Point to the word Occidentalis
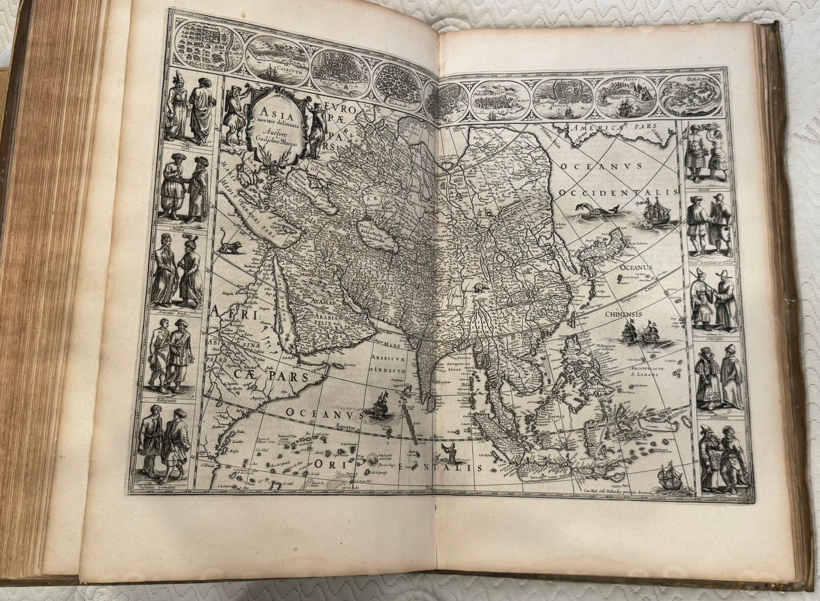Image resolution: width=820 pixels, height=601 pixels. point(619,193)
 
